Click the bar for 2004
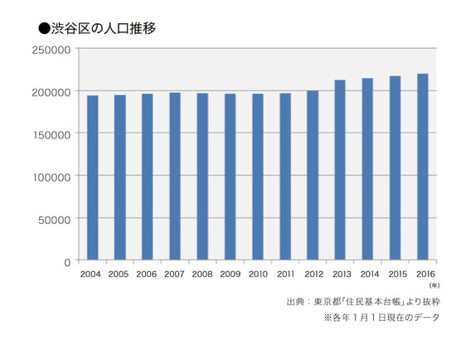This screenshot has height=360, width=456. tap(92, 178)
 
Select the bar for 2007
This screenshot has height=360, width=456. tap(175, 176)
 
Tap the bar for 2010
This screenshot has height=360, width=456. tap(257, 177)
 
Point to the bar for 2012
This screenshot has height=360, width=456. tap(313, 175)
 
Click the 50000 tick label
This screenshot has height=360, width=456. tap(55, 219)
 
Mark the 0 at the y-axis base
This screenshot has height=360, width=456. tap(67, 261)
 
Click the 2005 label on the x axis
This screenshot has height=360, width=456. tap(119, 274)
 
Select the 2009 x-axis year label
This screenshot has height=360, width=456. tap(230, 274)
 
